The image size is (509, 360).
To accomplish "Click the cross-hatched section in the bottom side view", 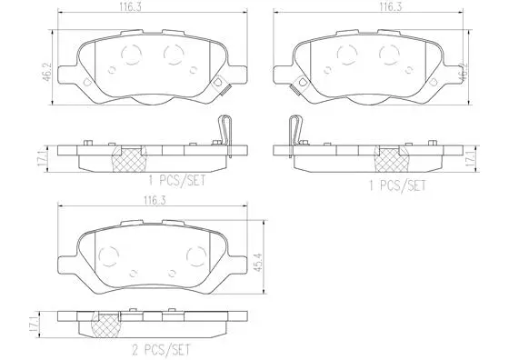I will click(x=108, y=322).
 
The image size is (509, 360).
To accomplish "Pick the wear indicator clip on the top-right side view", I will click(x=294, y=133).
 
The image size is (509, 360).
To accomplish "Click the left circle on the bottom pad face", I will click(x=107, y=255).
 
